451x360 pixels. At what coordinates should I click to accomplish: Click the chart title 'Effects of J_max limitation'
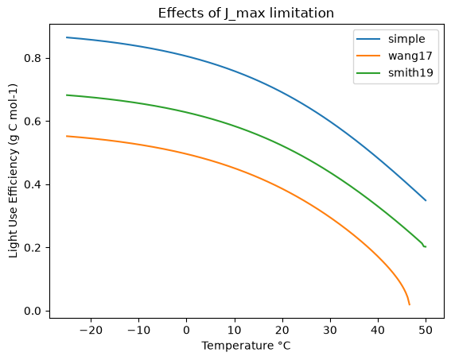pos(246,14)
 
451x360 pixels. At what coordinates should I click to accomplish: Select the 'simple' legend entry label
pos(406,39)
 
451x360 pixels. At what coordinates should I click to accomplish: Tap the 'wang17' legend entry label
pos(410,56)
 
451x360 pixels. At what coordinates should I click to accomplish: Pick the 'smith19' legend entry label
pos(410,72)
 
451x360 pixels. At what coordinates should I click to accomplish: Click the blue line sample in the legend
pos(368,39)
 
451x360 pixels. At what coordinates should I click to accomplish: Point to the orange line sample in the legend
pos(368,56)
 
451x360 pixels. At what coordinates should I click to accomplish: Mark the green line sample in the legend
pos(368,72)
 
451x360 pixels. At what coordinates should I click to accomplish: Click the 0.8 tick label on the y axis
pos(33,58)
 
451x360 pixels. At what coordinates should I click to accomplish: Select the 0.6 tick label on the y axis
pos(33,122)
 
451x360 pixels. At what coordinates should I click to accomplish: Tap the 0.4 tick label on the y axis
pos(33,184)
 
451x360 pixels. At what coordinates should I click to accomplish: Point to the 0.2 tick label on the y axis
pos(33,248)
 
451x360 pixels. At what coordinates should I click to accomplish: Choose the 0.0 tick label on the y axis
pos(33,311)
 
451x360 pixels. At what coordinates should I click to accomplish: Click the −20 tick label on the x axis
pos(91,331)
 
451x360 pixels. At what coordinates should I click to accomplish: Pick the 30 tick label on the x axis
pos(330,331)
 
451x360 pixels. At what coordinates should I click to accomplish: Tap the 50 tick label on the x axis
pos(426,331)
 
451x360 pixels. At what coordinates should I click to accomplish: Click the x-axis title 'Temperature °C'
pos(246,346)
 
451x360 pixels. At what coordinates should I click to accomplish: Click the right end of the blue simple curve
pos(426,200)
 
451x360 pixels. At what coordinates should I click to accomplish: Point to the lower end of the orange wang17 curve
pos(410,304)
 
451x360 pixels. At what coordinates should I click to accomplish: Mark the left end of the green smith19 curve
pos(67,95)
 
